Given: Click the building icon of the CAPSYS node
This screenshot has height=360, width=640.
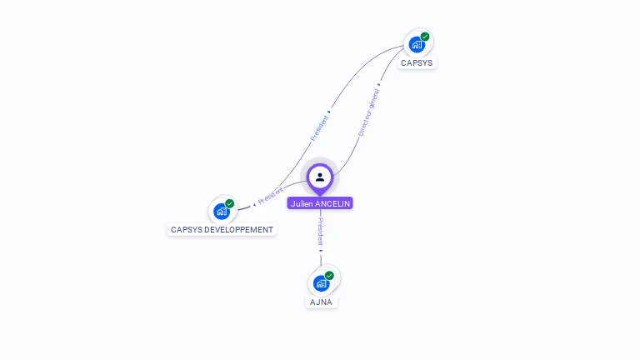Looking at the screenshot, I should (417, 44).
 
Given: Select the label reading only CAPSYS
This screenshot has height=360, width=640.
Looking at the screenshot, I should (417, 63).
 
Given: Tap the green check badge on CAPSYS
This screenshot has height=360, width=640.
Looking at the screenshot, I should (425, 37).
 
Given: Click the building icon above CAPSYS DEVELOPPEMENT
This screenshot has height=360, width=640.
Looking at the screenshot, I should (222, 211).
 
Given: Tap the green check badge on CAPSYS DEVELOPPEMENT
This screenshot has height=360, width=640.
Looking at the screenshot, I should (230, 203).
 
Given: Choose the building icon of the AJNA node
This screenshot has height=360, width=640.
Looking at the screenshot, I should (321, 283).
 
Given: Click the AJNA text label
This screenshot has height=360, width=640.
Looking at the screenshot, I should (321, 302).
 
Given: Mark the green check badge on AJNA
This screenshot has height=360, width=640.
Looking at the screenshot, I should (329, 276).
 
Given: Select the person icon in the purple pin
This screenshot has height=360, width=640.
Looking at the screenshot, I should (320, 177).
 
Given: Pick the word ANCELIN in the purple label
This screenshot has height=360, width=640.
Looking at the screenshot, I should (333, 203).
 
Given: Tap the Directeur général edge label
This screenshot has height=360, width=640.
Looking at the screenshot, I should (367, 114).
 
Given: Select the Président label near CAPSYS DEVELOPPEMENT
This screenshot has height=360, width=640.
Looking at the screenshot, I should (271, 197).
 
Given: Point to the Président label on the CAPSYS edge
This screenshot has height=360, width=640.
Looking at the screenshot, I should (320, 127).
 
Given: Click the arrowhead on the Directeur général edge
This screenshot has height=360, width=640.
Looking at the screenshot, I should (380, 84).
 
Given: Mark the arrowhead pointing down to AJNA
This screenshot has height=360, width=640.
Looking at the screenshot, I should (321, 249).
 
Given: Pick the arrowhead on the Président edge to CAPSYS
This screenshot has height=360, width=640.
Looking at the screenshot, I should (329, 111).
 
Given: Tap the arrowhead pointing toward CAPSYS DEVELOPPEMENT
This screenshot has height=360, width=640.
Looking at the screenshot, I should (254, 204).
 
